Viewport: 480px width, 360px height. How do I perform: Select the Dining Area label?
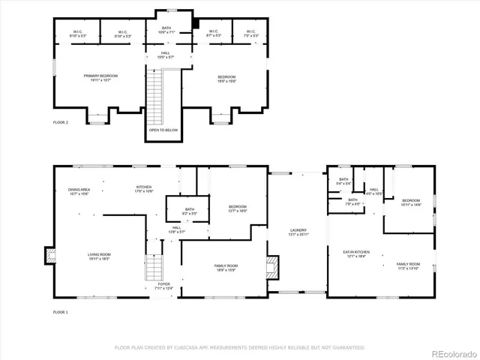79,190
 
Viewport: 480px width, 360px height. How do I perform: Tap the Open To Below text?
163,130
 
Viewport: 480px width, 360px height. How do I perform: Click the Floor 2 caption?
61,121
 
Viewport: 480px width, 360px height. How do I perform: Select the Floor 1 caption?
61,311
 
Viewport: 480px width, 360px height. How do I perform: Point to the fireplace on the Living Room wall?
49,255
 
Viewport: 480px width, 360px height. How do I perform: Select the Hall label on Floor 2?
166,54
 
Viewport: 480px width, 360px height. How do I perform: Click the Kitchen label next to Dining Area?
143,188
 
